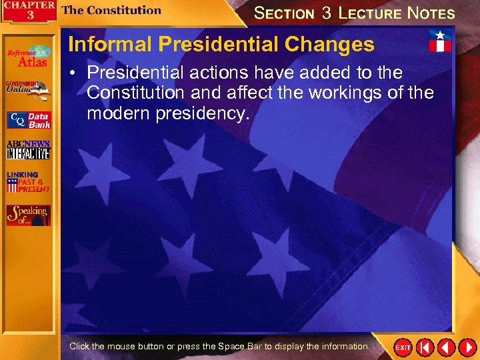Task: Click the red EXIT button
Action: point(403,347)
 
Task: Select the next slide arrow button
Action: point(466,347)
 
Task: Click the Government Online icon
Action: point(27,89)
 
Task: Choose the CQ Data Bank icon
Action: point(29,120)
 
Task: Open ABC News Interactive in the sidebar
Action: point(28,150)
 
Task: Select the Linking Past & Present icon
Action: point(28,182)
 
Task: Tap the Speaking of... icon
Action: point(28,214)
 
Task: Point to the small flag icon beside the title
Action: point(439,41)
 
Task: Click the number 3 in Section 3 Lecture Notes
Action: point(327,13)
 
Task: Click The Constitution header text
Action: point(111,10)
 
